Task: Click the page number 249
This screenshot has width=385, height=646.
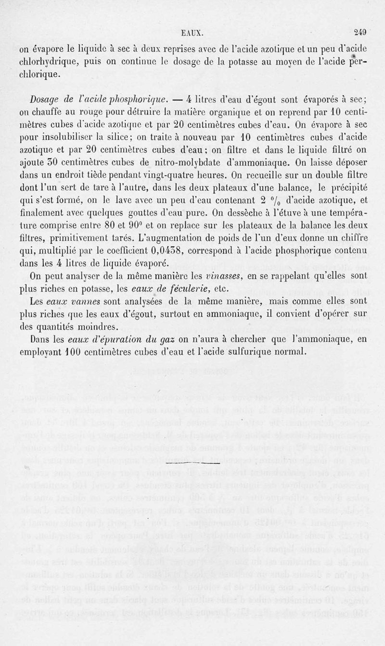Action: [360, 33]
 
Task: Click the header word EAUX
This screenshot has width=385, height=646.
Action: [193, 34]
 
